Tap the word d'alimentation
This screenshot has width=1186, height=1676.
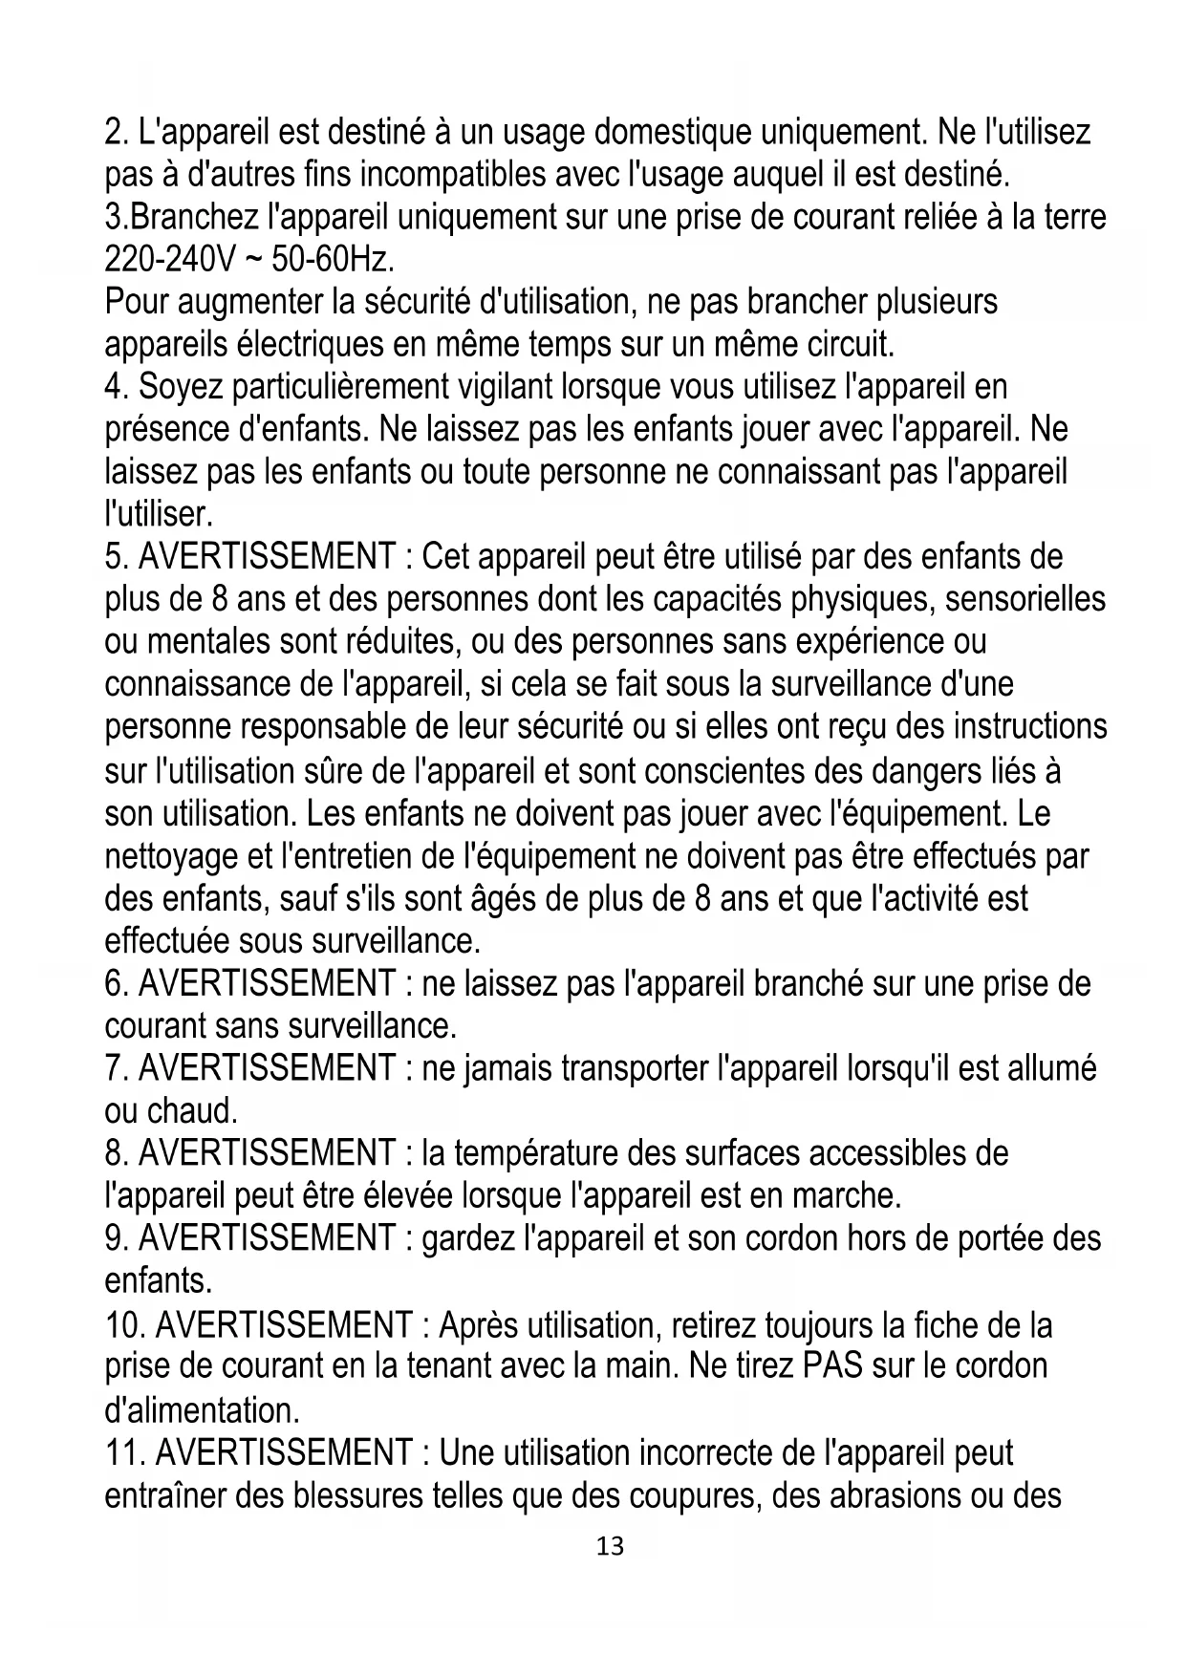(x=202, y=1410)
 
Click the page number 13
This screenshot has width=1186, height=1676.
(x=610, y=1546)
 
